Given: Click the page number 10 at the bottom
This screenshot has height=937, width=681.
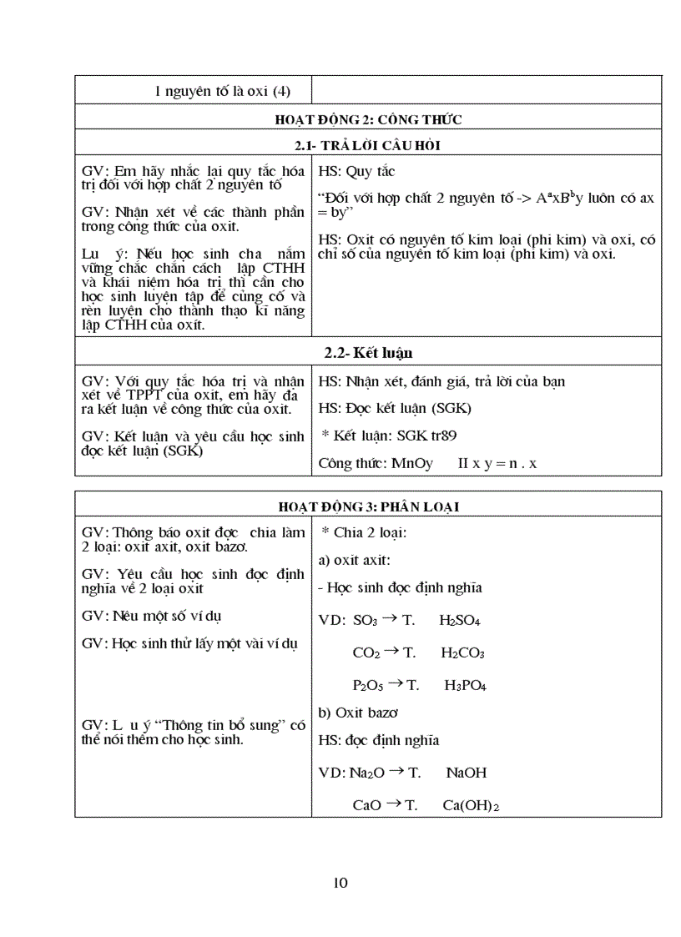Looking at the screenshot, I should coord(340,883).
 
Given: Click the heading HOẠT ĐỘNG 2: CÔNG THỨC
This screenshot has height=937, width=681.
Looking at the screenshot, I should coord(368,119).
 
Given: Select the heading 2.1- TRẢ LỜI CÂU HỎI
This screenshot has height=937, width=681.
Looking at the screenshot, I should coord(368,146).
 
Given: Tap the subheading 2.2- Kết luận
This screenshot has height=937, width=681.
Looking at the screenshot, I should coord(368,353).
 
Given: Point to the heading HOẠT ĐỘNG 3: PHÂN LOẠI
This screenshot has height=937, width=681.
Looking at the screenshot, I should coord(368,506).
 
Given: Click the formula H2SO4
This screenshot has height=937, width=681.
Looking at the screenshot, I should coord(460,622).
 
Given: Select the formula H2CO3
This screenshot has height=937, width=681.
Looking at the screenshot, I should coord(462,653).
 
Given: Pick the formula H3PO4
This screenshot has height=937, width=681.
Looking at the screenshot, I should coord(465,686).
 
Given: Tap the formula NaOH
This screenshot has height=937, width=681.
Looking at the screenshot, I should coord(466,773).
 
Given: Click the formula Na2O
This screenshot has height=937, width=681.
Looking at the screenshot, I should coord(367,773).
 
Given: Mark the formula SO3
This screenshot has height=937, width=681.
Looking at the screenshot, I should coord(366,622).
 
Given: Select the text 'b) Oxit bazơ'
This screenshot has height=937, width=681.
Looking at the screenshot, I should coord(358,713).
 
